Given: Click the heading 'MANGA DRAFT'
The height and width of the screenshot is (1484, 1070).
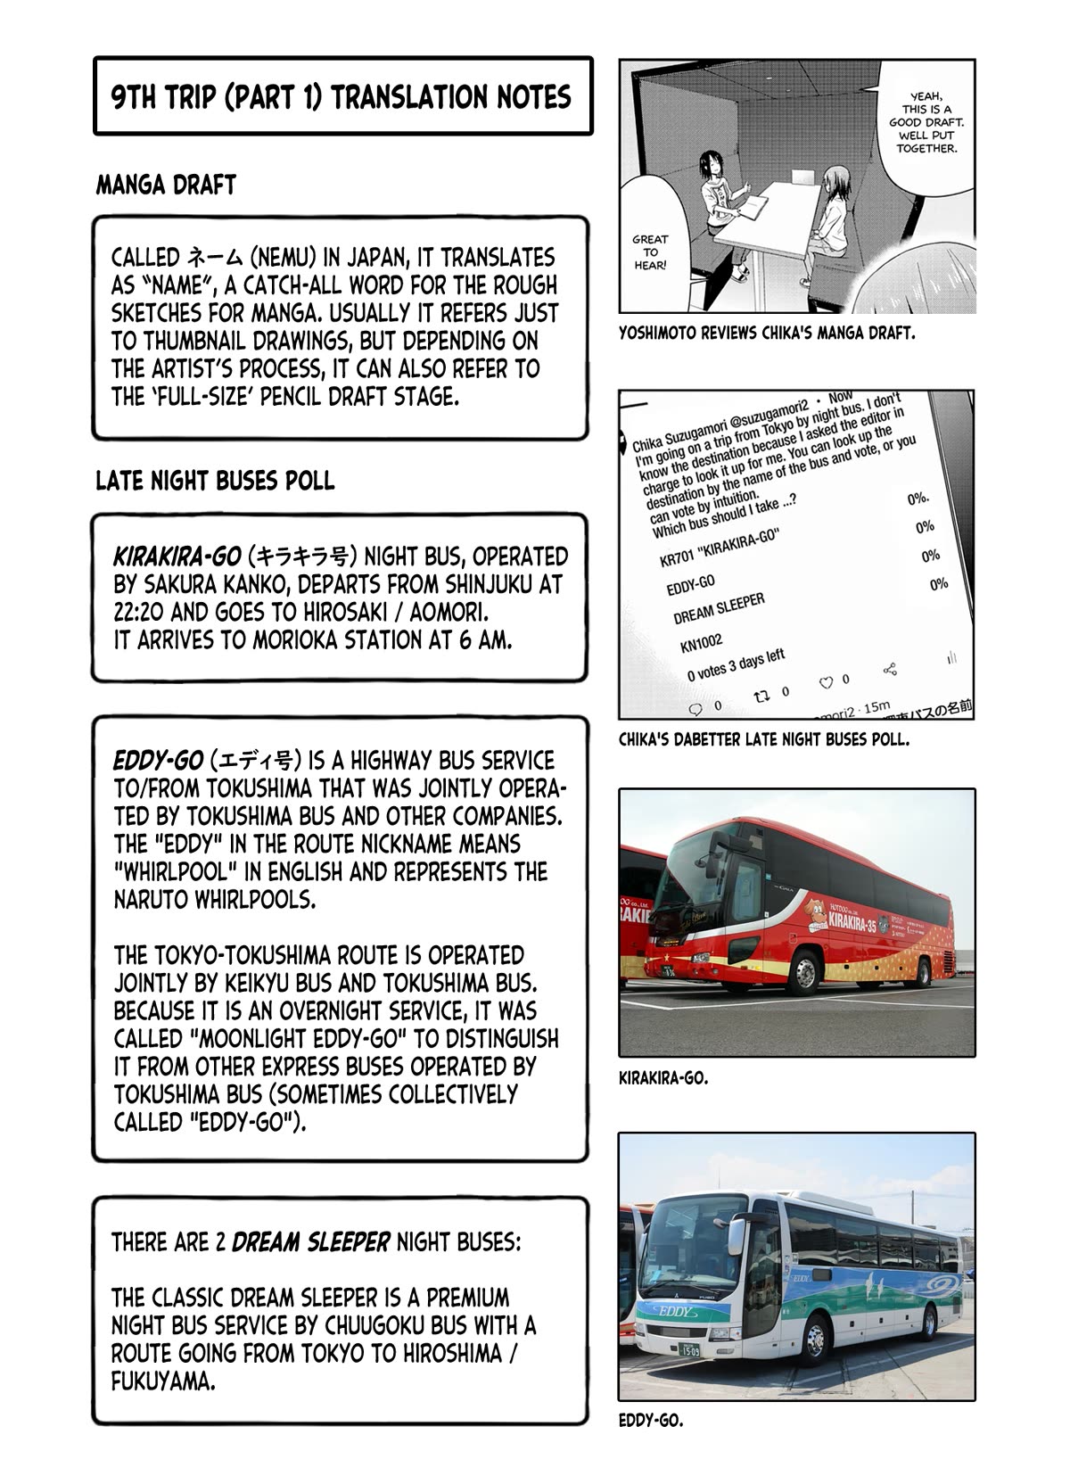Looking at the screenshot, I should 166,185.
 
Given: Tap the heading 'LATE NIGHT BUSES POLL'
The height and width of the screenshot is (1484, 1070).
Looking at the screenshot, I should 215,482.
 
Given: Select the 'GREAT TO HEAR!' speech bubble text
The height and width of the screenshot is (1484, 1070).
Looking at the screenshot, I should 650,252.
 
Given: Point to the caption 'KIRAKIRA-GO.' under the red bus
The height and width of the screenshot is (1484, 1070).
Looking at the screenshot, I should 663,1078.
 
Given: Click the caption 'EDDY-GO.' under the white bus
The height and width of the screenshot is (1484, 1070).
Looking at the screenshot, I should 651,1421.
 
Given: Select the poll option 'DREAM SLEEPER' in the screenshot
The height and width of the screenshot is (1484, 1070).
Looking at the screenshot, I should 719,610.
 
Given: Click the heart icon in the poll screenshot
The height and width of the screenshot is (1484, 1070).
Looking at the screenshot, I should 826,683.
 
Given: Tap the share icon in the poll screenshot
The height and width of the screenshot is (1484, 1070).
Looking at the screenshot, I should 888,669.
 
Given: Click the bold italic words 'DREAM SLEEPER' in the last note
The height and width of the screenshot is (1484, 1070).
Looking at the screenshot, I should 310,1242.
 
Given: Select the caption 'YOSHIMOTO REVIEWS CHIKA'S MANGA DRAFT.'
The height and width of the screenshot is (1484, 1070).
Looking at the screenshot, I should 767,334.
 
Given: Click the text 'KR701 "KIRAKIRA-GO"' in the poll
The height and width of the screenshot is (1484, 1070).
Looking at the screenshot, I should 720,549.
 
